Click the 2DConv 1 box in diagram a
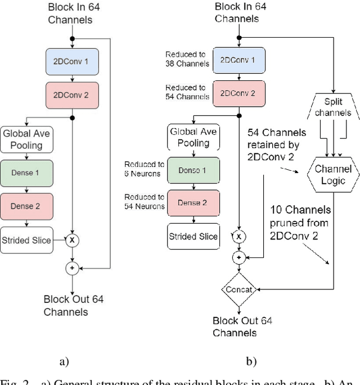pos(71,62)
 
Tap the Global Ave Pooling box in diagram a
pos(27,139)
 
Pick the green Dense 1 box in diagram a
pos(27,173)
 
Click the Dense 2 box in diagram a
pos(27,206)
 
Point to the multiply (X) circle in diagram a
pos(71,241)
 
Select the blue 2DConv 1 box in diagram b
pos(238,60)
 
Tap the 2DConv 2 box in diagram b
pos(238,92)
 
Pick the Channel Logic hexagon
pos(333,175)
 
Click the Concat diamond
pos(239,290)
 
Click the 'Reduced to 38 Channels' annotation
pos(187,59)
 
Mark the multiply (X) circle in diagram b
pos(239,237)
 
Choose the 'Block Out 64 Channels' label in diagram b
pos(242,327)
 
